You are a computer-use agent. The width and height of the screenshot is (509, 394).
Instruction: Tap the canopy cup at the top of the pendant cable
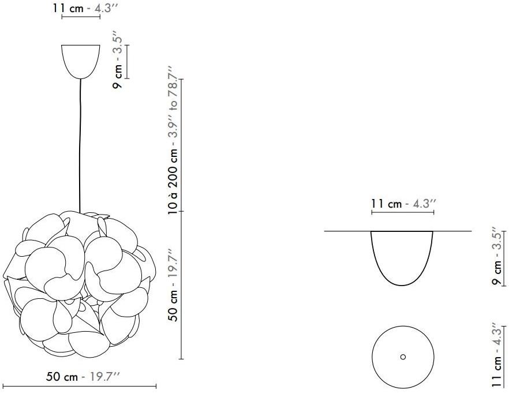(x=81, y=62)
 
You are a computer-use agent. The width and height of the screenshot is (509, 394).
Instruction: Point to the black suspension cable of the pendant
(x=80, y=146)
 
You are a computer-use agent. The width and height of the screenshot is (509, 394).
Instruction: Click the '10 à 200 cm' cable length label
(x=173, y=182)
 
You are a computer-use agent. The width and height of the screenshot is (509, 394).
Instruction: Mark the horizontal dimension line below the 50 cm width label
(x=80, y=386)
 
